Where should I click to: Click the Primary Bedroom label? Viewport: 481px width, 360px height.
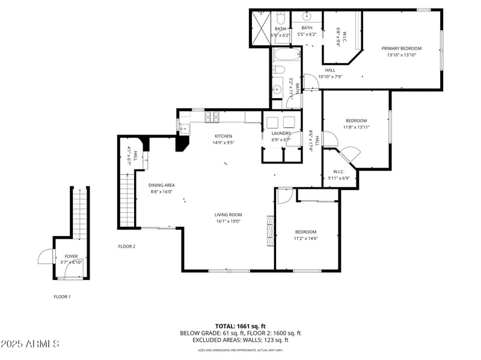(401, 48)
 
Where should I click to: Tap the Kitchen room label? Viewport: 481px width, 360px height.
(222, 136)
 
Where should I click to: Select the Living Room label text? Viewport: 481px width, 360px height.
(228, 215)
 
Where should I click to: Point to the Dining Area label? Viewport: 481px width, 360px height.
(161, 185)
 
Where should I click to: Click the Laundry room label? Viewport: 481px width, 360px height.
(281, 133)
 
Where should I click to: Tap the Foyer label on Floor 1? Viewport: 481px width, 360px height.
(71, 256)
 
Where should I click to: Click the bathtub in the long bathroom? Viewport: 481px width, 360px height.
(283, 57)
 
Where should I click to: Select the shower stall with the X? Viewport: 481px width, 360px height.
(260, 28)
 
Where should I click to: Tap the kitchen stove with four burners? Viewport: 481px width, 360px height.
(212, 115)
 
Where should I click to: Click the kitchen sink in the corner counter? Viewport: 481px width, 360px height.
(184, 127)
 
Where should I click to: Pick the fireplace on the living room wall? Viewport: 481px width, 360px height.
(271, 228)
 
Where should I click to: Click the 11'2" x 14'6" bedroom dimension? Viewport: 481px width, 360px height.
(305, 239)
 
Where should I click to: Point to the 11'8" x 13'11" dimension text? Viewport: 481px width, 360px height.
(356, 127)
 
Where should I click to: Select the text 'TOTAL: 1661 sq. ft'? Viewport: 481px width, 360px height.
(240, 326)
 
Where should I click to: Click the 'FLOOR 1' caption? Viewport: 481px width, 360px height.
(62, 296)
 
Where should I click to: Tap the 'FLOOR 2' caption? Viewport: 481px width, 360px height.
(126, 246)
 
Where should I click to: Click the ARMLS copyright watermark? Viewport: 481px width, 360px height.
(30, 344)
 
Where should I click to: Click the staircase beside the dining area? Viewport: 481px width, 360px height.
(127, 198)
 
